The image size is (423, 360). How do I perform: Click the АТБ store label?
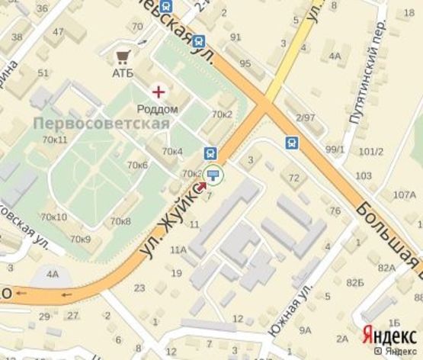tap(123, 73)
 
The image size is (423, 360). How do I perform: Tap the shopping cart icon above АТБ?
tap(123, 56)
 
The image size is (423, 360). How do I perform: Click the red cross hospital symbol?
tap(159, 92)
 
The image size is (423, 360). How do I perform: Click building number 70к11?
tap(55, 140)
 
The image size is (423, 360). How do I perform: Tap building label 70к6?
tap(138, 165)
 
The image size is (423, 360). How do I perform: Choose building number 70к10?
tap(54, 217)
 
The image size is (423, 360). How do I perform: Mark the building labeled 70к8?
tap(120, 221)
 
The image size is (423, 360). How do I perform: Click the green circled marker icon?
tap(213, 176)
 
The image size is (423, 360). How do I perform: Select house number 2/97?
tap(306, 117)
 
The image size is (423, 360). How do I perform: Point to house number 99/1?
tap(335, 149)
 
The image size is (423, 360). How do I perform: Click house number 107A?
tap(403, 194)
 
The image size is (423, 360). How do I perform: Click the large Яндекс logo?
tap(389, 334)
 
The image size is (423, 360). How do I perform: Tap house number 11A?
tap(178, 249)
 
